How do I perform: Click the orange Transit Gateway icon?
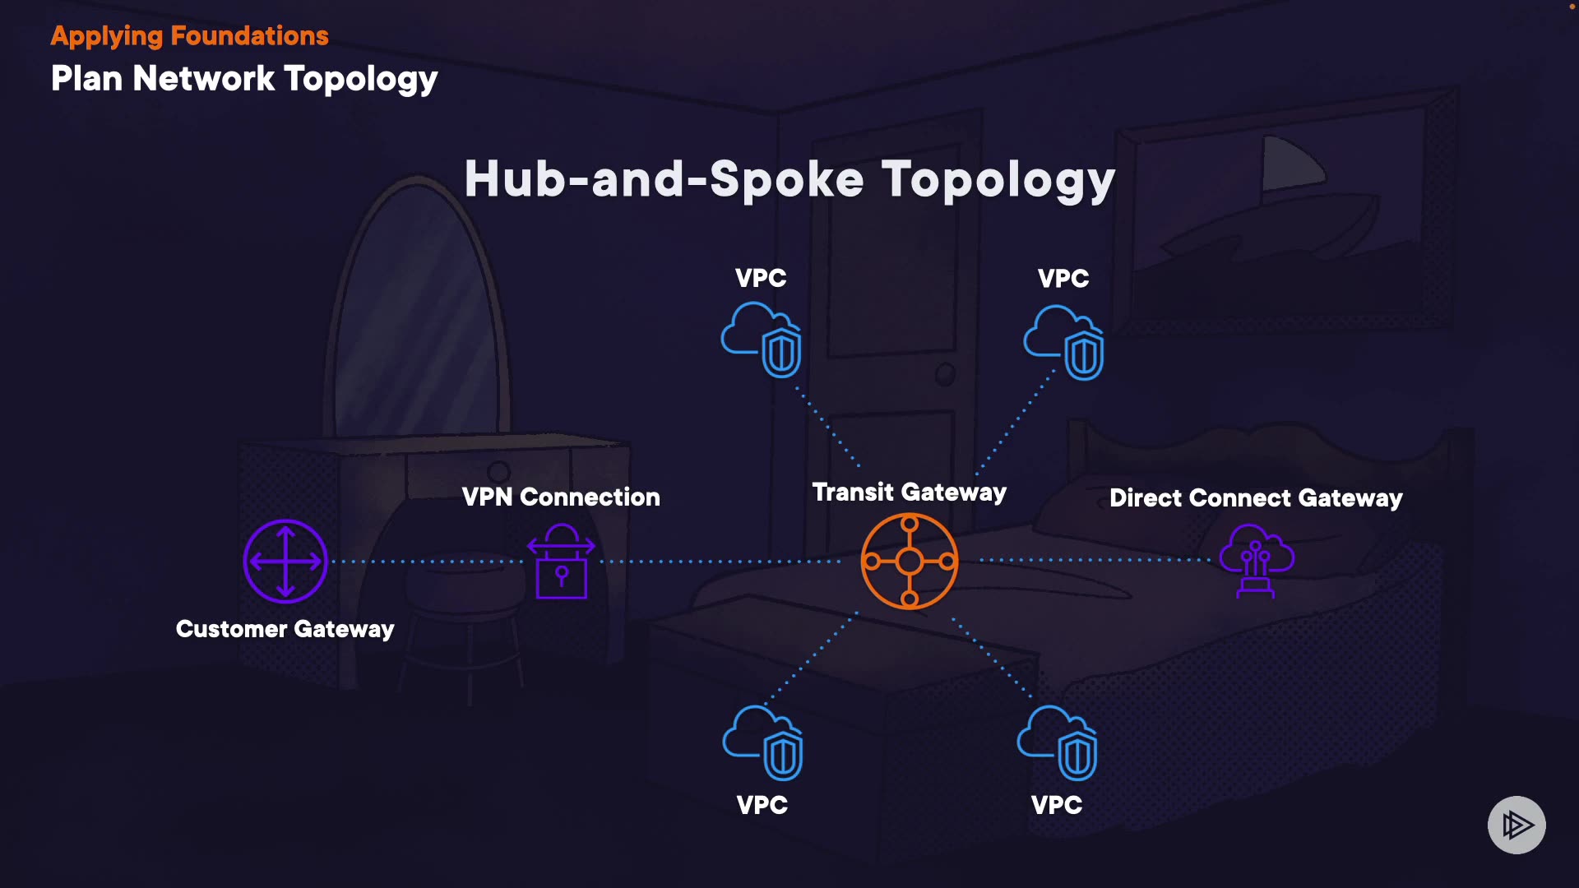(909, 562)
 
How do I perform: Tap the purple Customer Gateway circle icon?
(285, 562)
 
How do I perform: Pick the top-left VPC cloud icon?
(762, 340)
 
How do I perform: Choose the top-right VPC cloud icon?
(1064, 343)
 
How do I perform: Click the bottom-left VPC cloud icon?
(763, 742)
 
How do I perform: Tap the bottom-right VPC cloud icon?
(1058, 742)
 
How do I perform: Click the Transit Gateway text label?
(909, 493)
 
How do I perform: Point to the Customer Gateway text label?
(285, 629)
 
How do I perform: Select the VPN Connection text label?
(561, 497)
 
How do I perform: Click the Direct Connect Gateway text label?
(1256, 498)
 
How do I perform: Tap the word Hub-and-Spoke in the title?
(664, 179)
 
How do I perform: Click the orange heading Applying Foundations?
(189, 36)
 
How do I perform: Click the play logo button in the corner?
(1516, 825)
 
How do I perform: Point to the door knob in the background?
(946, 374)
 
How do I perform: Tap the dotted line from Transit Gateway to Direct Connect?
(1094, 560)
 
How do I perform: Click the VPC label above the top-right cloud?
(1063, 279)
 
